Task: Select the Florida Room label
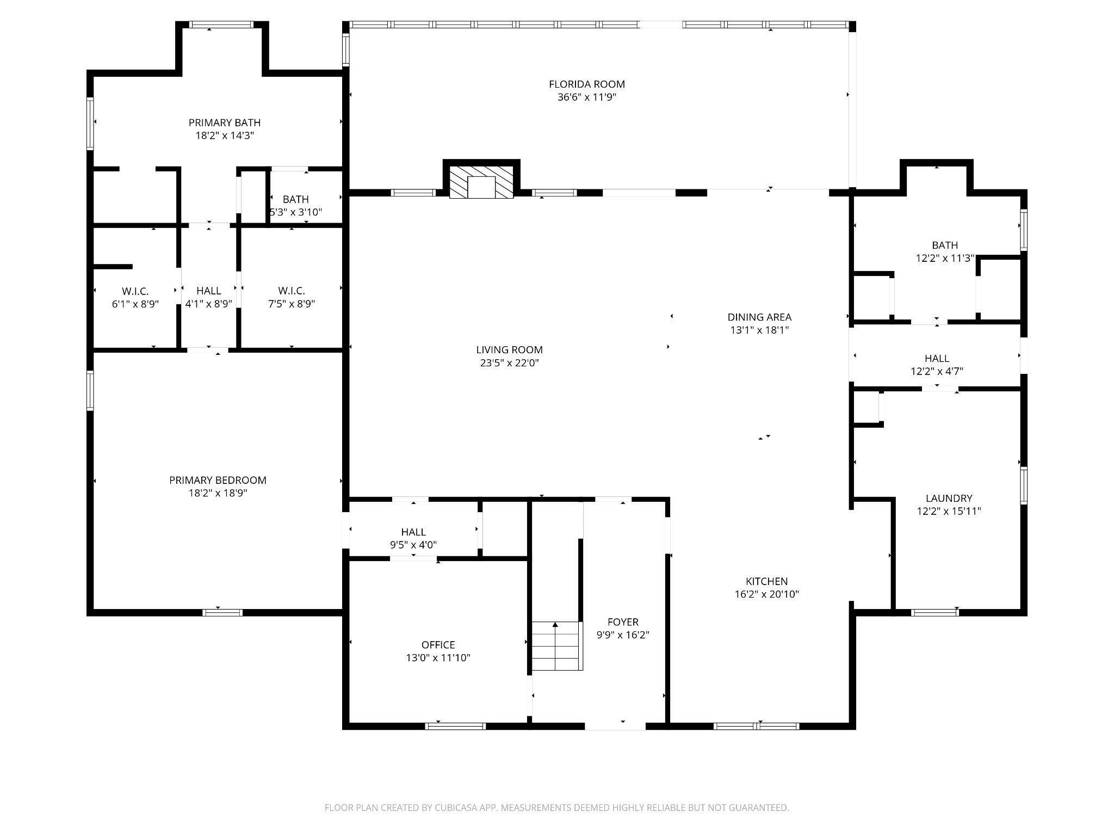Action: pos(587,84)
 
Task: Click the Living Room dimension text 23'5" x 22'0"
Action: pos(510,363)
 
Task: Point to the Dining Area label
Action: pos(759,317)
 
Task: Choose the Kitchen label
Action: pos(767,581)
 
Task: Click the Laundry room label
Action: pos(949,498)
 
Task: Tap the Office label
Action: pos(438,645)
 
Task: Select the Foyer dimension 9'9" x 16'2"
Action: pos(623,635)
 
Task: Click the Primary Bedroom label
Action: pos(218,480)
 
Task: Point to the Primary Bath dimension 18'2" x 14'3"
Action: pos(225,136)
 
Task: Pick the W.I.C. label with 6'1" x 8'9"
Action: pos(135,291)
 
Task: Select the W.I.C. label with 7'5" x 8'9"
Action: pos(292,291)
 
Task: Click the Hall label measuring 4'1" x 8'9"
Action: pos(209,291)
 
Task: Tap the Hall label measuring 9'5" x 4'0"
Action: pos(413,532)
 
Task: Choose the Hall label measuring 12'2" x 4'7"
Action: pos(937,359)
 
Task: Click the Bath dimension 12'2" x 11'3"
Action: pos(945,259)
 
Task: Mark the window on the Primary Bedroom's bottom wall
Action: pos(222,613)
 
